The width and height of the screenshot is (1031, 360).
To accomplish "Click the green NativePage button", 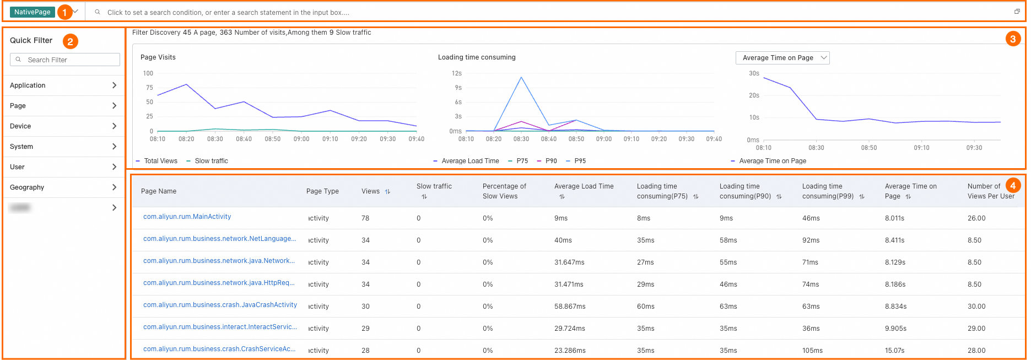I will (32, 12).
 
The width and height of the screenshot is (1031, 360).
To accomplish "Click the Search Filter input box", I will (65, 60).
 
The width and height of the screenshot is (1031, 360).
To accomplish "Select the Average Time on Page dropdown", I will (782, 58).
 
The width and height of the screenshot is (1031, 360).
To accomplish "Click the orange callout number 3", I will (1013, 39).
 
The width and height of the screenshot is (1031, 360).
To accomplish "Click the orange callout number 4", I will (1013, 186).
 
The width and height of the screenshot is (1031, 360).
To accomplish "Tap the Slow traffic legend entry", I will (211, 161).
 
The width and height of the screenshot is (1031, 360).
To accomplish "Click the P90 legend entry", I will (551, 161).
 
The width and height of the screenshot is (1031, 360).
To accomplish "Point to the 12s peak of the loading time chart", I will (521, 77).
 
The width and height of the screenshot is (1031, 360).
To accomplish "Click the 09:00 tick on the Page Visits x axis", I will (301, 139).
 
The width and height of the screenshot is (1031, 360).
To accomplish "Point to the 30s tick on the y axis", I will (754, 73).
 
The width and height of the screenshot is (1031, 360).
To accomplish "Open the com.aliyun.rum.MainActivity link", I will (187, 217).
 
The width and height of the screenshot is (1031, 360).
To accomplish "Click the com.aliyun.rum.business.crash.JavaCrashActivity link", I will (220, 305).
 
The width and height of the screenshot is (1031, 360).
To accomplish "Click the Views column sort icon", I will (387, 191).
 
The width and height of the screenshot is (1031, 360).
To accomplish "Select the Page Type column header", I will (322, 191).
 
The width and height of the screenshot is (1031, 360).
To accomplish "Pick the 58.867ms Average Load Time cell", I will (570, 307).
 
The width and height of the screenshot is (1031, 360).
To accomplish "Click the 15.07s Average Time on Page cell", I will (894, 351).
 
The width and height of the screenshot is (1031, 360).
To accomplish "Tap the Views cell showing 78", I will (365, 218).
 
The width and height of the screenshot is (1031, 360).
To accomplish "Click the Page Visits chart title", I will (158, 57).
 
